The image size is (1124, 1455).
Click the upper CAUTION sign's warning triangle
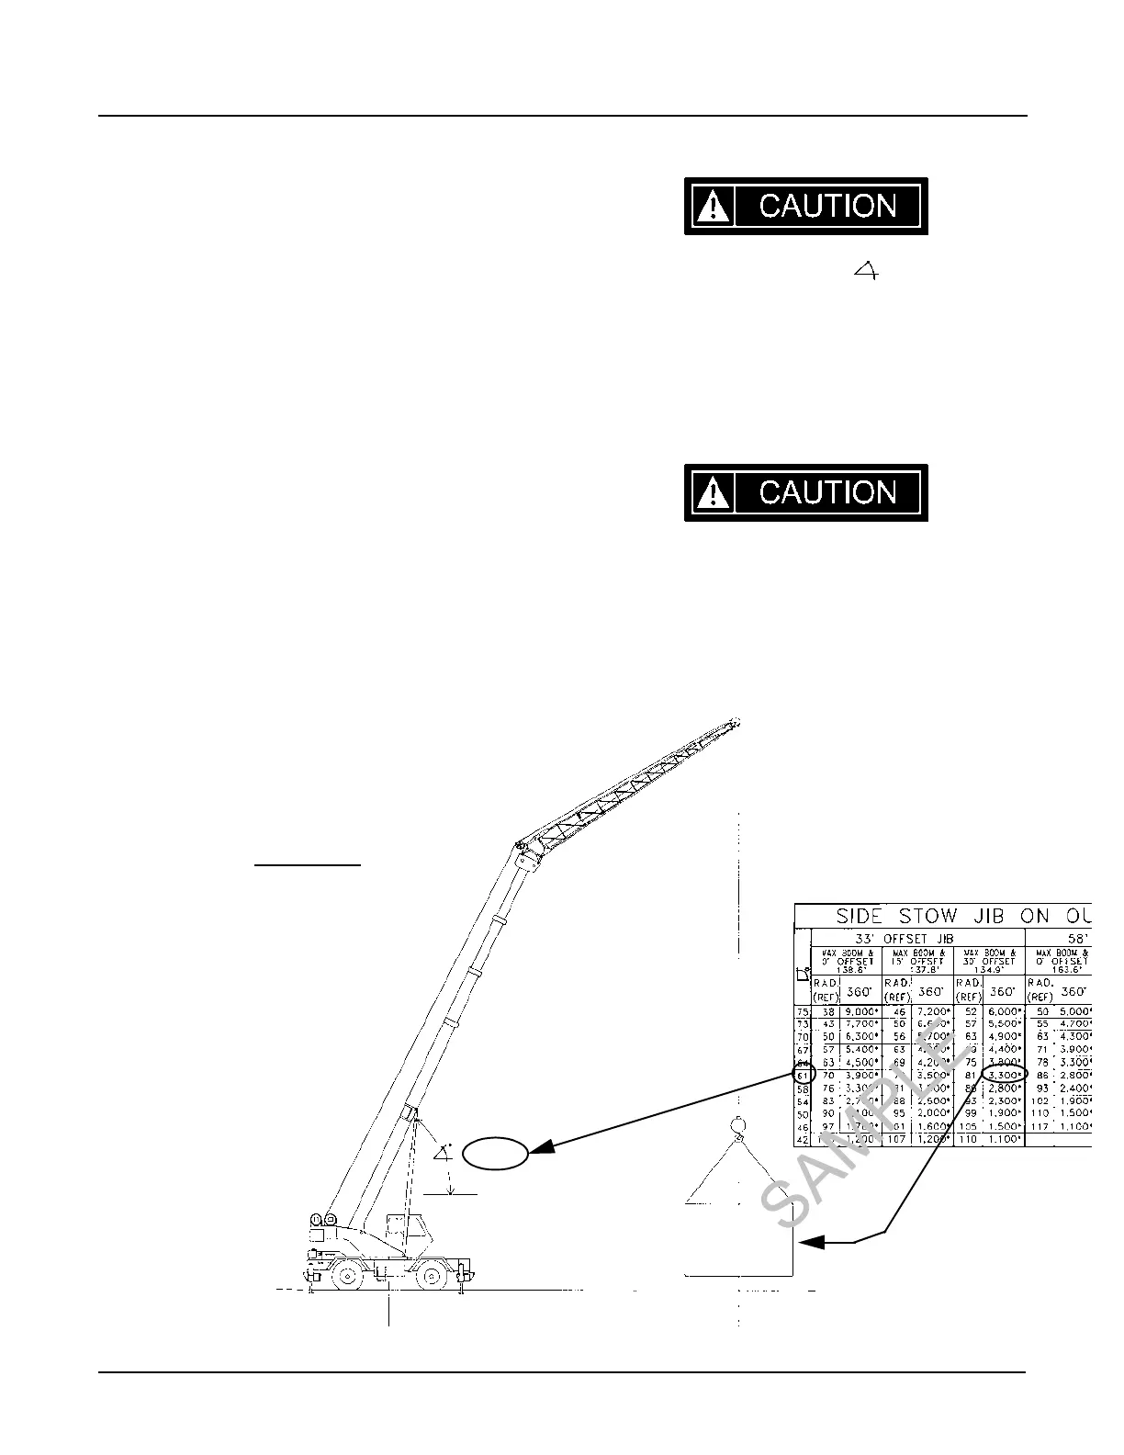point(713,207)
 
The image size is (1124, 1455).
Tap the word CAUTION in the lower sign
point(827,493)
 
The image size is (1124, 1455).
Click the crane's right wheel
point(430,1277)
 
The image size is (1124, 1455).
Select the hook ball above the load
point(736,1124)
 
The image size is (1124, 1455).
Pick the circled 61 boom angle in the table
point(803,1075)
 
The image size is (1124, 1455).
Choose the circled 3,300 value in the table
point(1004,1074)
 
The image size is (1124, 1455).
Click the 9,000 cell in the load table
point(861,1011)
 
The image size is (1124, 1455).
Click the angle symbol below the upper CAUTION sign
point(865,270)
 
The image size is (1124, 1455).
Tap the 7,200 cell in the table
point(932,1011)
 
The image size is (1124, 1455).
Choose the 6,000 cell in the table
point(1004,1011)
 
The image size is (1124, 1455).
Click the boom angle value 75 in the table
point(803,1011)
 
